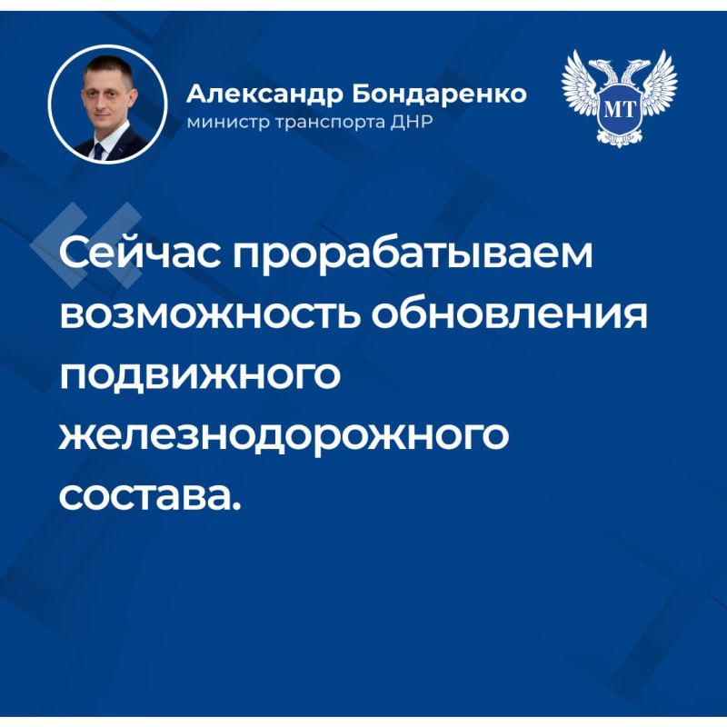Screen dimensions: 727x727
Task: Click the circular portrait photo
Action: (108, 105)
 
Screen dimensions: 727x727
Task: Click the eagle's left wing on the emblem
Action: (583, 86)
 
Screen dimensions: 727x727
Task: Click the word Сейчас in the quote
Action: (138, 255)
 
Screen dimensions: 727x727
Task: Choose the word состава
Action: (145, 496)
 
